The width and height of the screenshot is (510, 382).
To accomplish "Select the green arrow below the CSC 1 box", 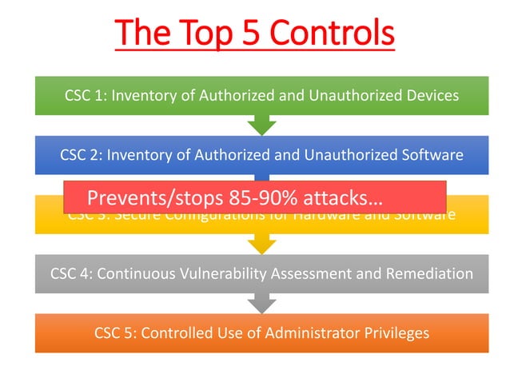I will point(261,125).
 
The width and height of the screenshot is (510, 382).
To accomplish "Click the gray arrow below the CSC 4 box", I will point(261,304).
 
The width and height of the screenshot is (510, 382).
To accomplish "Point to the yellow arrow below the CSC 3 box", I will point(261,245).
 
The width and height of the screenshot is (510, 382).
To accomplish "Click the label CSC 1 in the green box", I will point(85,95).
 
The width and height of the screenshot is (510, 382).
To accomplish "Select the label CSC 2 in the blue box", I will point(80,155).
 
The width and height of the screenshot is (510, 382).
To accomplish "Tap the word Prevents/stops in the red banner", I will point(152,197).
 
